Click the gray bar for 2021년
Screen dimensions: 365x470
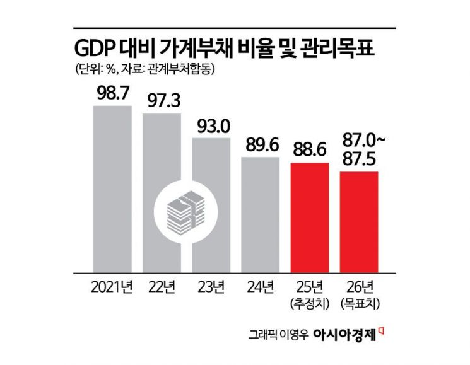[x=112, y=189]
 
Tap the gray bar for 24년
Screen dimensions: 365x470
[x=260, y=214]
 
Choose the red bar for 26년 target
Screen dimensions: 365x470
[x=358, y=221]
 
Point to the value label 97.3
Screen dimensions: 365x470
[x=162, y=100]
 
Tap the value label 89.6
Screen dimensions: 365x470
[x=260, y=145]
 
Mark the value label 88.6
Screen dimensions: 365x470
[x=309, y=150]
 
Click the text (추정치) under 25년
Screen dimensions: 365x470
[x=309, y=304]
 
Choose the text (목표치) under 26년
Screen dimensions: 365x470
[x=358, y=304]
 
